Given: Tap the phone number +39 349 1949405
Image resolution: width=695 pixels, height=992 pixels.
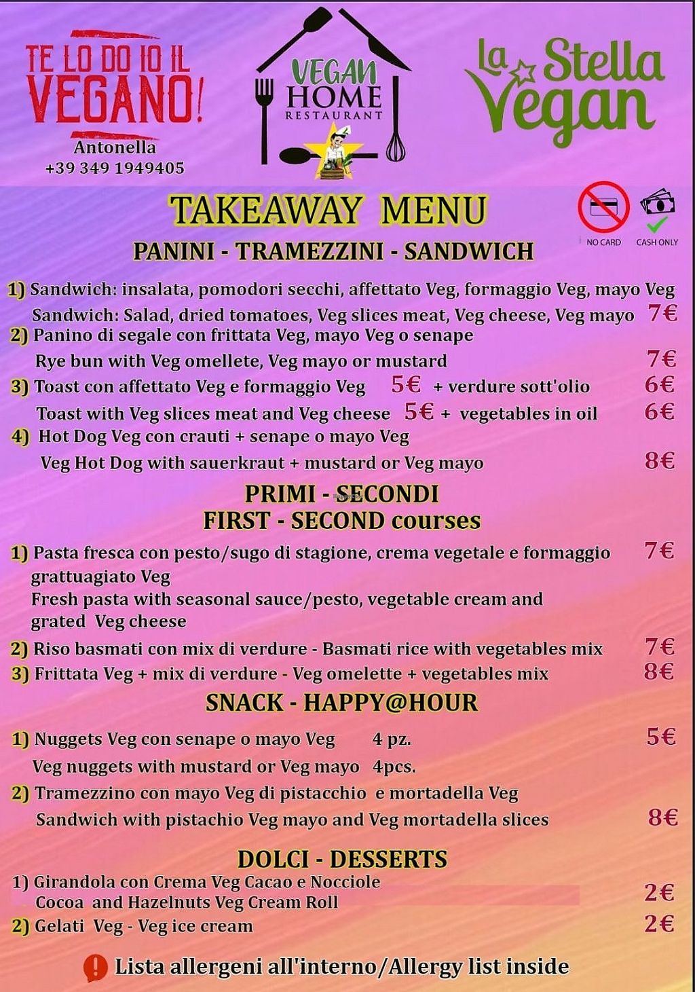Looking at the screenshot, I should tap(115, 168).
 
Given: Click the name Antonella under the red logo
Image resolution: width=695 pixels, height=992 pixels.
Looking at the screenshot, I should tap(115, 147).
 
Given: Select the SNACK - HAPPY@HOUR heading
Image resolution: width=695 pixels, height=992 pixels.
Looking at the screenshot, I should tap(341, 703).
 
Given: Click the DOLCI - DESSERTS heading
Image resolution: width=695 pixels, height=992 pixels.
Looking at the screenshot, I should tap(342, 859).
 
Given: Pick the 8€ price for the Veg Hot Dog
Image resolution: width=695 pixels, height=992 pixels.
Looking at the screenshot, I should tap(659, 461).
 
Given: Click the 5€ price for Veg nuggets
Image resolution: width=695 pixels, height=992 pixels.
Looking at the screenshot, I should tap(660, 737).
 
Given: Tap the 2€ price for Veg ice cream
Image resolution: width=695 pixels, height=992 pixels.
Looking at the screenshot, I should tap(659, 923).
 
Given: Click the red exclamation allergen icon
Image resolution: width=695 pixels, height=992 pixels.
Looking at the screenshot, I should tap(96, 968).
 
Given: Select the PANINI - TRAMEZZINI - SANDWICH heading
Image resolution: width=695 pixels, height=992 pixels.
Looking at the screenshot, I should tap(333, 251).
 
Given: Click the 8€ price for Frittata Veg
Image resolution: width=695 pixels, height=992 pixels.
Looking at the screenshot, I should tap(658, 672).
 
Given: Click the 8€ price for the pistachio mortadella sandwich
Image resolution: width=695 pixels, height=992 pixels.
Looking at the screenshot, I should tap(662, 818).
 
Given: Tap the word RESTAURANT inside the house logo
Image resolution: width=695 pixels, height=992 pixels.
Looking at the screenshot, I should tap(334, 115).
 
